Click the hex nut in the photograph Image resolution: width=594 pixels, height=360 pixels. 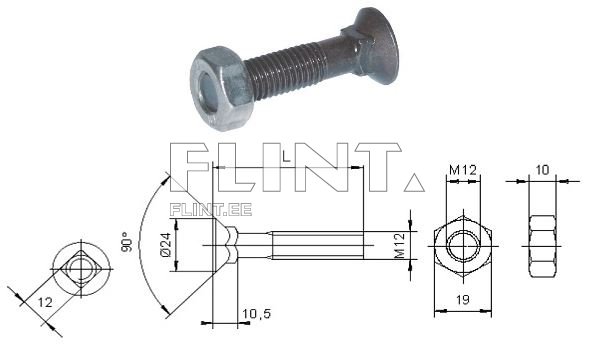219,84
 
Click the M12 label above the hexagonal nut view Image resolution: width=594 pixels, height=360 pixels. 461,170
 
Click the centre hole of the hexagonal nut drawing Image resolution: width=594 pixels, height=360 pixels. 461,245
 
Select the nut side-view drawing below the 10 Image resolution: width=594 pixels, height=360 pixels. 543,245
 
